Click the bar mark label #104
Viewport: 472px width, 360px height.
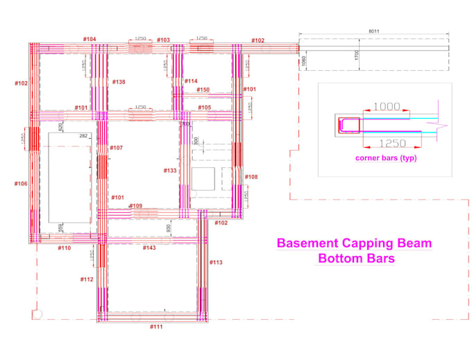coord(90,39)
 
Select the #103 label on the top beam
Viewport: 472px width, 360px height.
coord(163,40)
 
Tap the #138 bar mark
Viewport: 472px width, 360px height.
coord(119,82)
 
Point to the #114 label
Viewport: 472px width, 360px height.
coord(191,81)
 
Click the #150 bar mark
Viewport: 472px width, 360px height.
coord(203,90)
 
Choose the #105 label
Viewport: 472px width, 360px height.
coord(204,108)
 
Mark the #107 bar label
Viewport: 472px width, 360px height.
coord(116,148)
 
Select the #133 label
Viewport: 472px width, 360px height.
coord(170,170)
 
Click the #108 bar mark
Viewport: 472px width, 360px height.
coord(251,177)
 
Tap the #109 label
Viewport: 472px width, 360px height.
coord(135,206)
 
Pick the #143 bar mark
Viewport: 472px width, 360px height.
coord(149,248)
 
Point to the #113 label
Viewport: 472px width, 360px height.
coord(216,262)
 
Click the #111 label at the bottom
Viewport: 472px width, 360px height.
coord(156,326)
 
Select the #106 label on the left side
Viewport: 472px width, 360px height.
coord(21,183)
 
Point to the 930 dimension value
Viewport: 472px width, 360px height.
coord(168,228)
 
